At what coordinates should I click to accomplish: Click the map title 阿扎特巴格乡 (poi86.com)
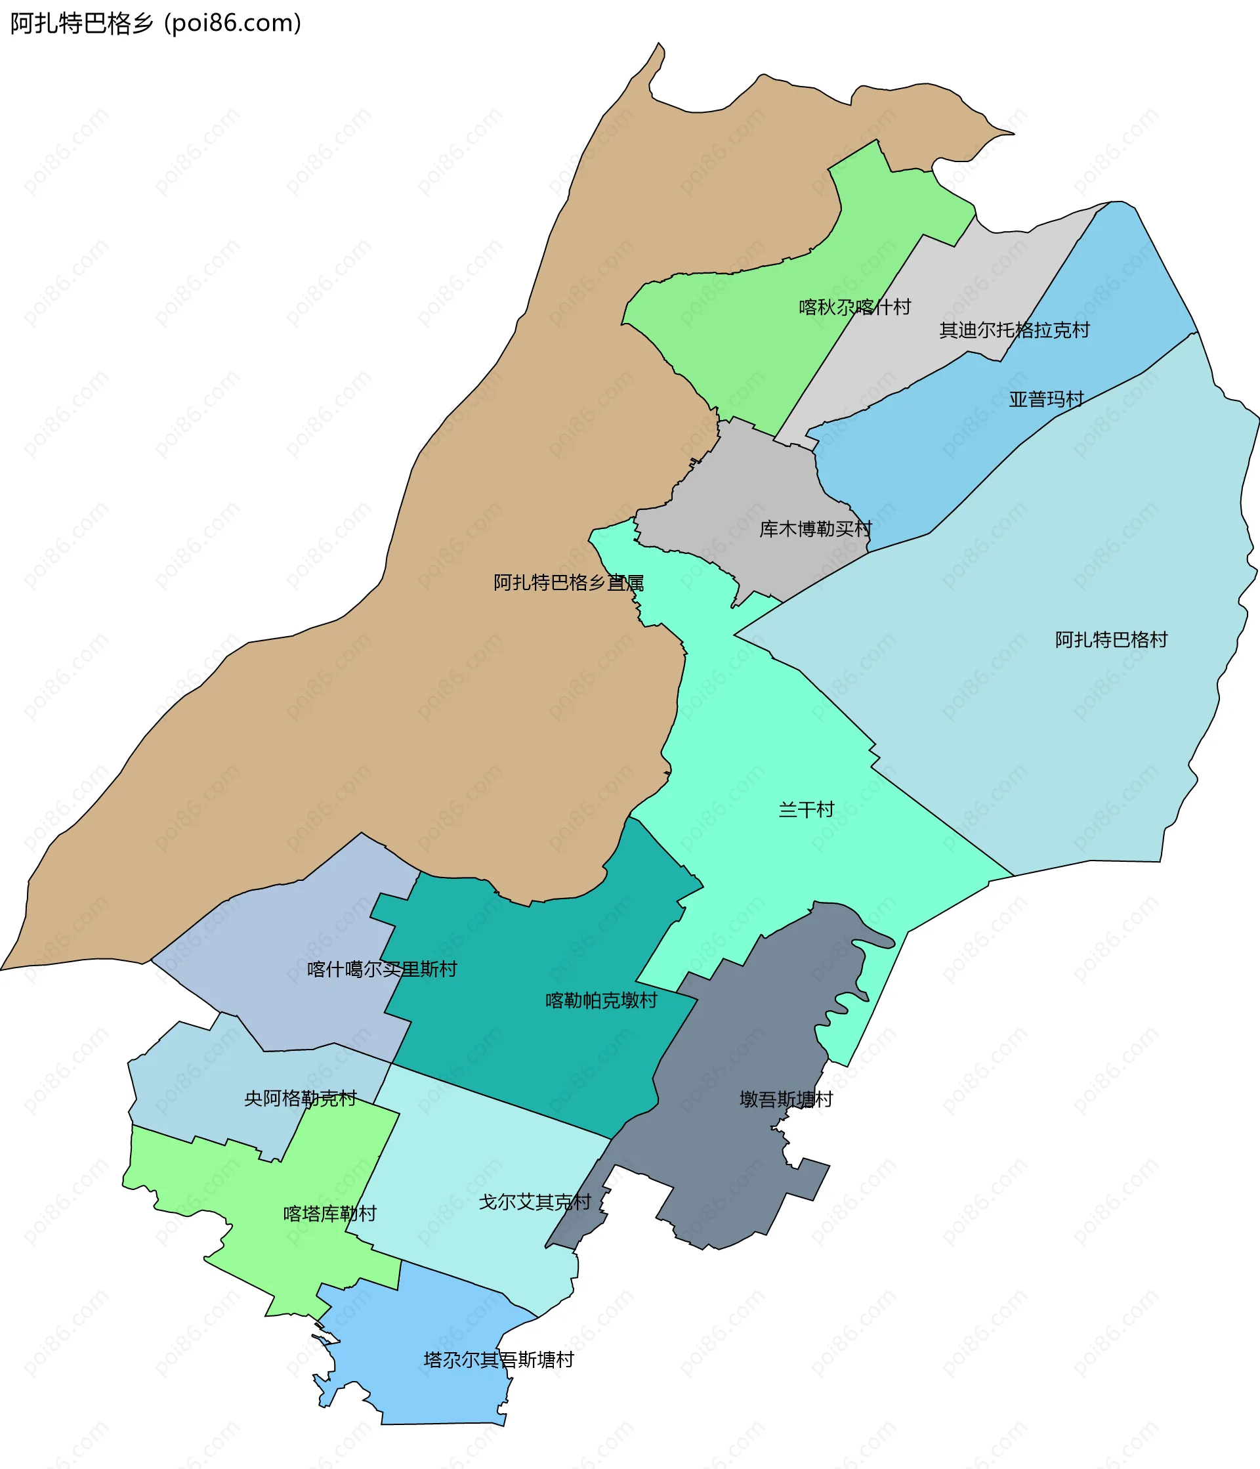156,24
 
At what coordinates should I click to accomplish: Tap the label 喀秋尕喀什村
854,307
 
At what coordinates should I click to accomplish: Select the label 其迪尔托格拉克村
1013,330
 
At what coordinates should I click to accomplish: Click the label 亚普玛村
1046,399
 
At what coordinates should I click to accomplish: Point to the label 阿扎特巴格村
1110,639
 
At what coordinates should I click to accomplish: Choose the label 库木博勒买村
815,529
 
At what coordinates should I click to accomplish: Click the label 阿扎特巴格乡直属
568,583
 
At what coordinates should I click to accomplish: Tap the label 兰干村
806,809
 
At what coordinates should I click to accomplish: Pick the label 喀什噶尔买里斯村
381,969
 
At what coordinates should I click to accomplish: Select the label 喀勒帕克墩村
601,1000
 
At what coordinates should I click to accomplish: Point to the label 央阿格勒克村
300,1099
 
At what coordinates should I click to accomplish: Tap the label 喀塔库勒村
329,1214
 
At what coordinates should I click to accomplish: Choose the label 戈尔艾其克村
534,1202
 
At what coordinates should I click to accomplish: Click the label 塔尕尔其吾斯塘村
498,1360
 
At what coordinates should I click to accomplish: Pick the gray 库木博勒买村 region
751,482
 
